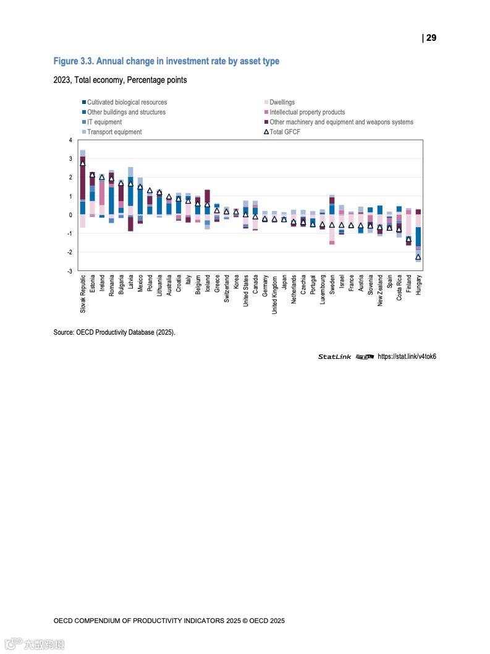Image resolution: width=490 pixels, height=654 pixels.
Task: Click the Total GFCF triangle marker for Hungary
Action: pyautogui.click(x=418, y=257)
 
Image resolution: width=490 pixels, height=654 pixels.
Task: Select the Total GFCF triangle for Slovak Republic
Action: pyautogui.click(x=83, y=163)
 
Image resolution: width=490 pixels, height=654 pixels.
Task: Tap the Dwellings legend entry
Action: pyautogui.click(x=282, y=102)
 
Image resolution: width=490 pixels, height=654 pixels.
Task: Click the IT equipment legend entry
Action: pyautogui.click(x=104, y=122)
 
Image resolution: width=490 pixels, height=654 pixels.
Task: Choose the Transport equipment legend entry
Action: pyautogui.click(x=114, y=132)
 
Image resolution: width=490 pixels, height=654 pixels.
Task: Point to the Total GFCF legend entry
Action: pyautogui.click(x=285, y=132)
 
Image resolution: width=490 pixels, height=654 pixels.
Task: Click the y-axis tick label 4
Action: pyautogui.click(x=70, y=140)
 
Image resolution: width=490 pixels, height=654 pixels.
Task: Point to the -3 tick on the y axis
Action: pyautogui.click(x=70, y=271)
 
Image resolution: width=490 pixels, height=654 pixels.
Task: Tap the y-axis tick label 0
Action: pyautogui.click(x=70, y=215)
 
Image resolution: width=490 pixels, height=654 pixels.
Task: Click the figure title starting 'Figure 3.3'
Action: pyautogui.click(x=166, y=61)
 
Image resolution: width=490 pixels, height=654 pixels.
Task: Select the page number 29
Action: pyautogui.click(x=429, y=38)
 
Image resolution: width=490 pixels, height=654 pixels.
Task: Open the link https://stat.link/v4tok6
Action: pyautogui.click(x=407, y=356)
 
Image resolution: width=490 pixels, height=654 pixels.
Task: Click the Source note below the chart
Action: pyautogui.click(x=114, y=332)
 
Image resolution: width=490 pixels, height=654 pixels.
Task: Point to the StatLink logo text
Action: pyautogui.click(x=335, y=356)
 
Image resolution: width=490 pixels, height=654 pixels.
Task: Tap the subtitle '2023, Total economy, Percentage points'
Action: pyautogui.click(x=120, y=80)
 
